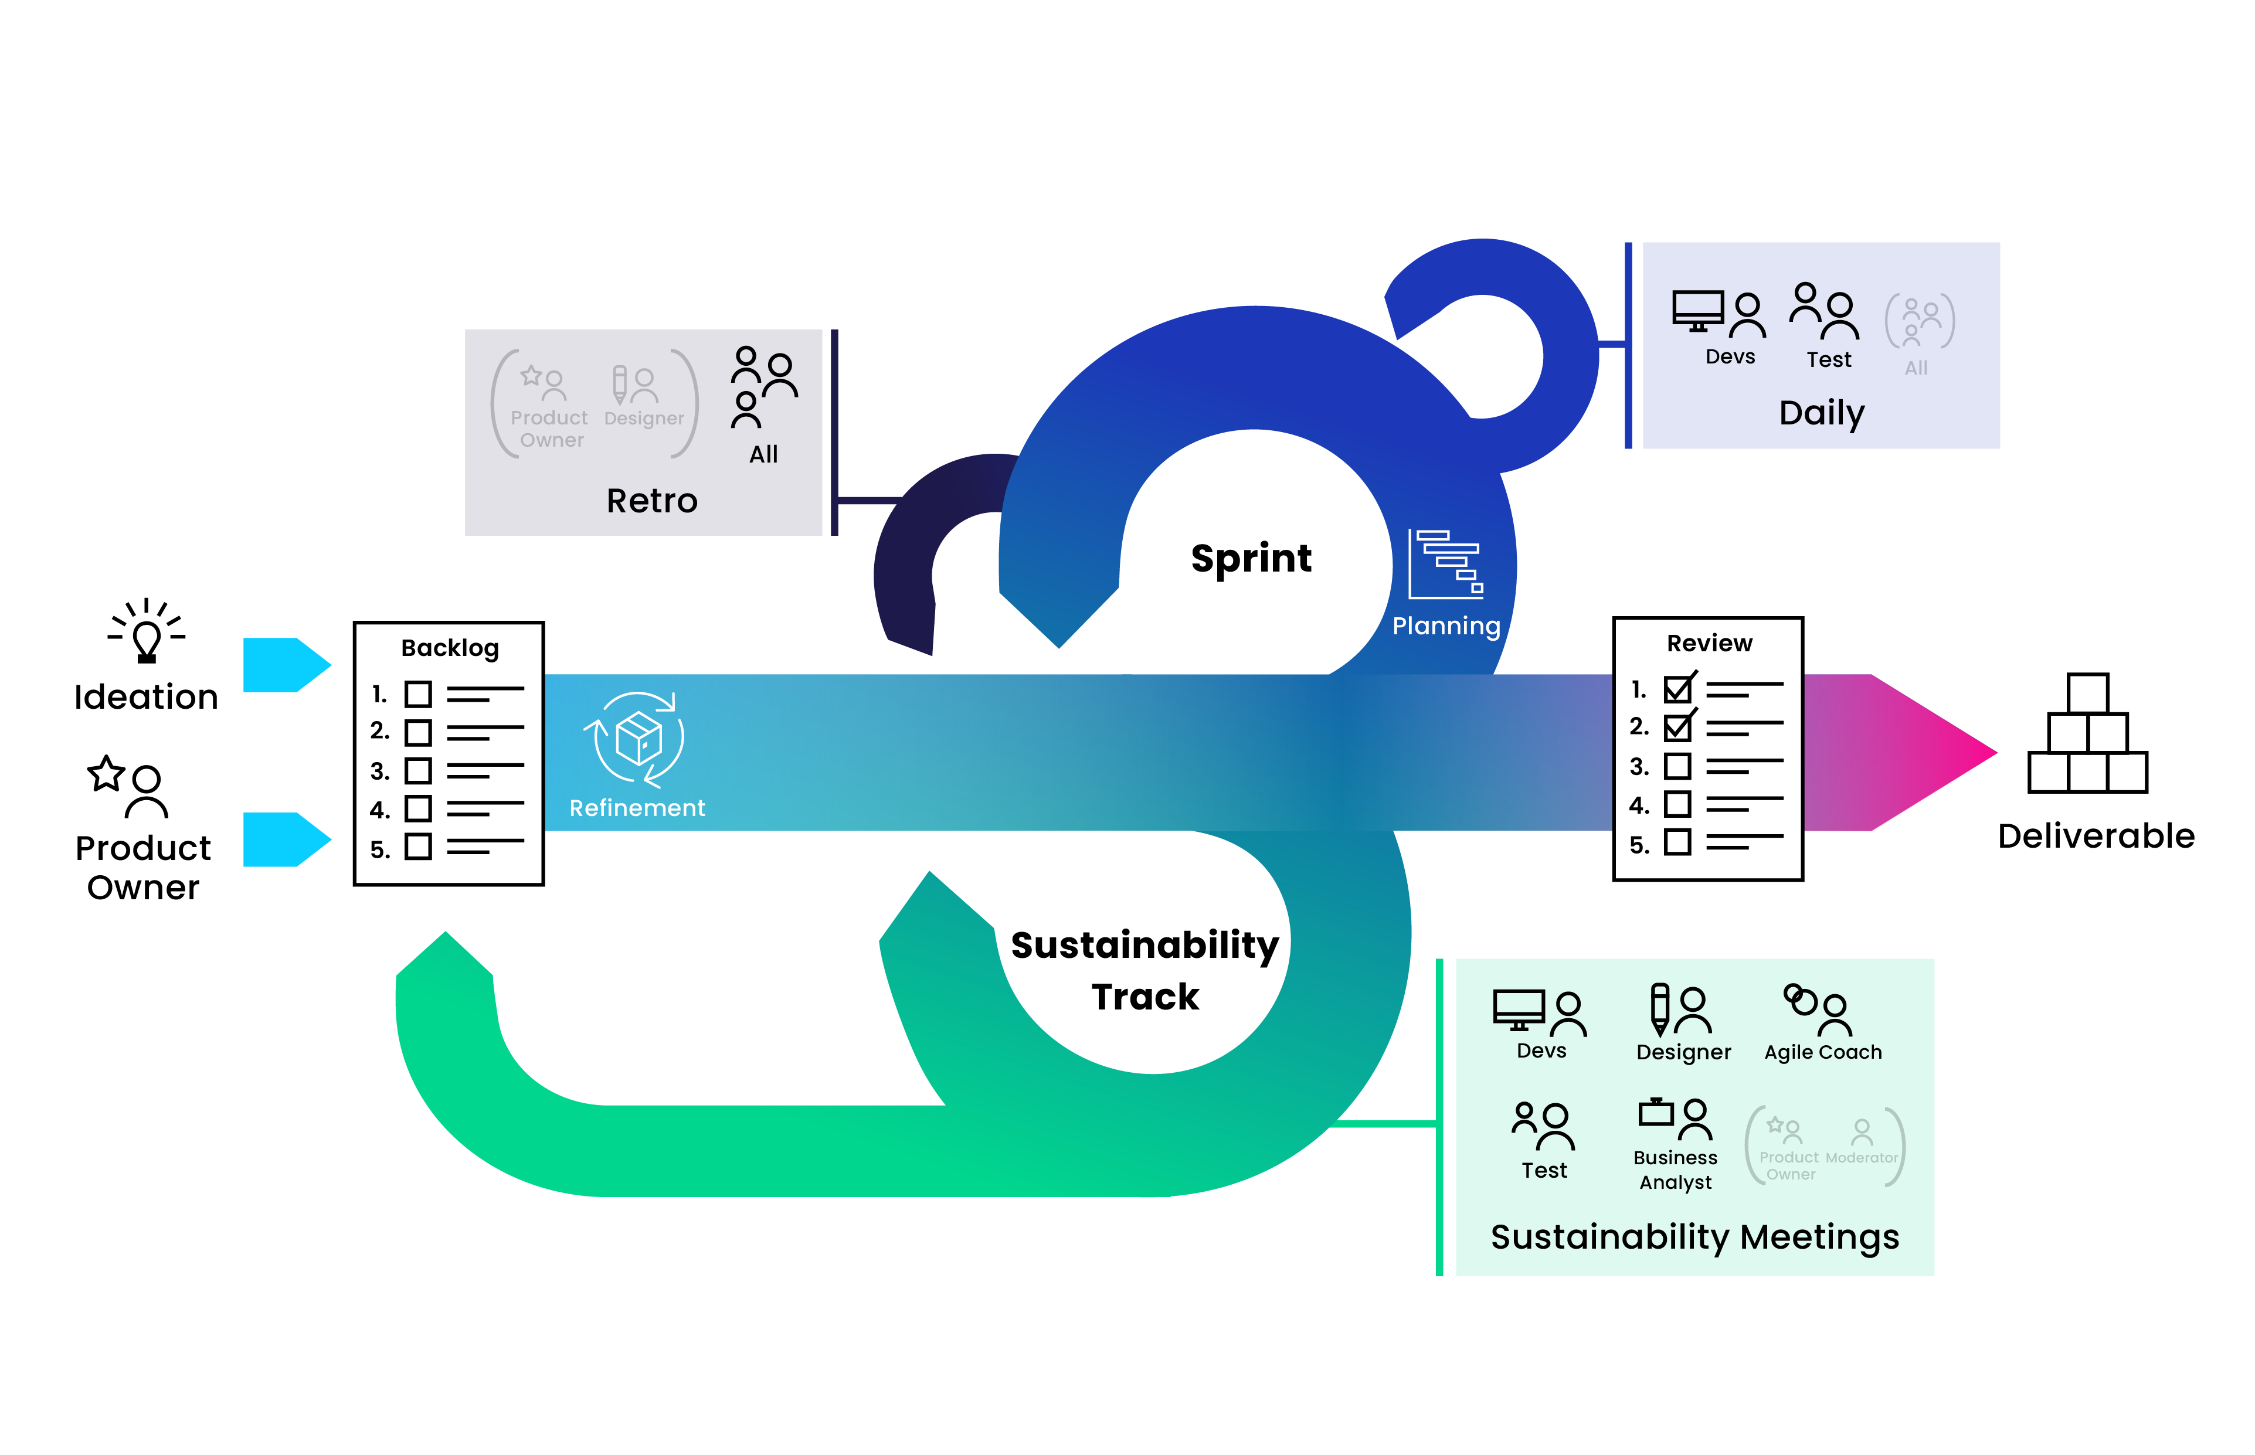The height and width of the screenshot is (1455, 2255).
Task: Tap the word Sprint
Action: coord(1250,559)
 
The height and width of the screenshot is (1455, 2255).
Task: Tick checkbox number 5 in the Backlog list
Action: coord(417,847)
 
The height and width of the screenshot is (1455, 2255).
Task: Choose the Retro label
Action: coord(652,501)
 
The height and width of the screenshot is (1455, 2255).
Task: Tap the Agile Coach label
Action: coord(1822,1052)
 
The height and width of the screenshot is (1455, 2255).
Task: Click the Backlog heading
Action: coord(450,648)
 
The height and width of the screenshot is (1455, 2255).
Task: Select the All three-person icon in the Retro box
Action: coord(763,387)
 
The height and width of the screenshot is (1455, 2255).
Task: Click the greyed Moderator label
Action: coord(1861,1157)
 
